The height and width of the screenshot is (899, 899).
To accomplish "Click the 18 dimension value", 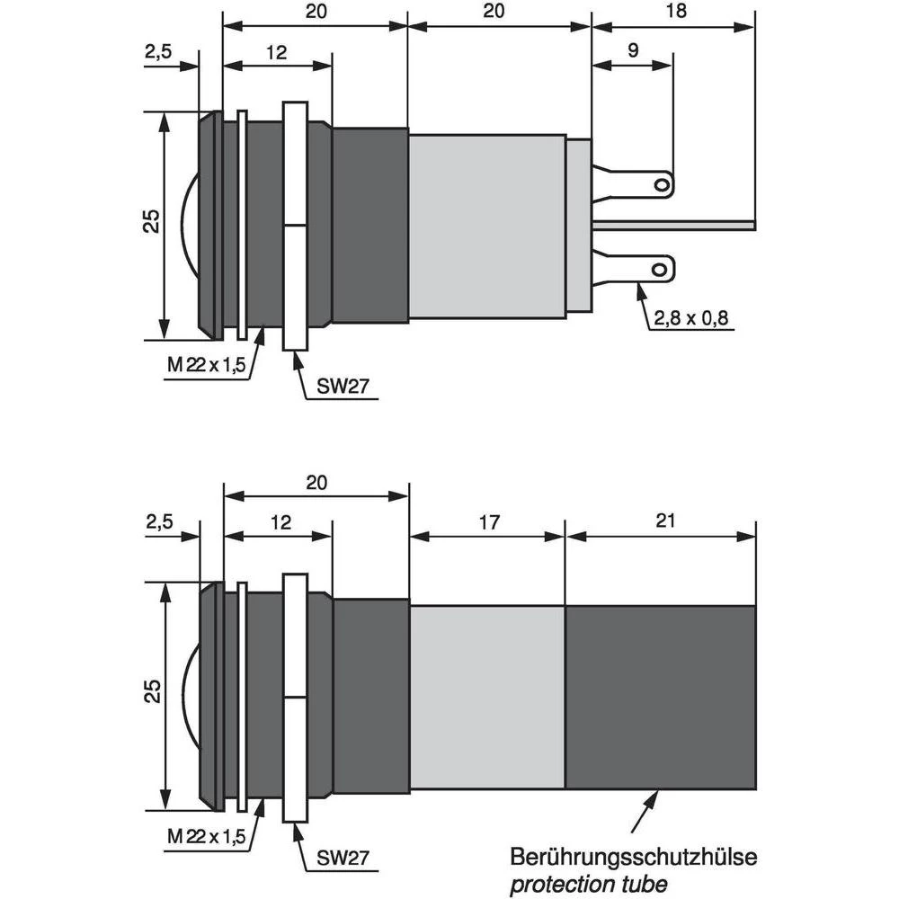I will (678, 11).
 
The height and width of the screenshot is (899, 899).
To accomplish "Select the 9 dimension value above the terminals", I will (633, 50).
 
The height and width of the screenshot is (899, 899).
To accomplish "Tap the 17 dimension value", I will (488, 521).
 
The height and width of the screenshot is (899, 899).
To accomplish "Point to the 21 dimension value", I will (665, 521).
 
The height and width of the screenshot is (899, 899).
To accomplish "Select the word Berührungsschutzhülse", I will (633, 857).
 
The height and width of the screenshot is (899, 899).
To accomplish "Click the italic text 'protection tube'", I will (588, 883).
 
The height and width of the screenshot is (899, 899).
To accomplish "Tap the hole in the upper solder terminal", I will (661, 185).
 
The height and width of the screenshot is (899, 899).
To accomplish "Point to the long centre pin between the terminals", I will (674, 225).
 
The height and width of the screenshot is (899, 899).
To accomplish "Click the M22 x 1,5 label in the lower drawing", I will (206, 837).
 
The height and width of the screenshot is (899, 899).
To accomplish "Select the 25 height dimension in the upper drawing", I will (153, 221).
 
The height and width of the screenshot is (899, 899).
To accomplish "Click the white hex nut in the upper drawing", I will (295, 225).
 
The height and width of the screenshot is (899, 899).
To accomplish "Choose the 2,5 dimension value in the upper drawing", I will (156, 53).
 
